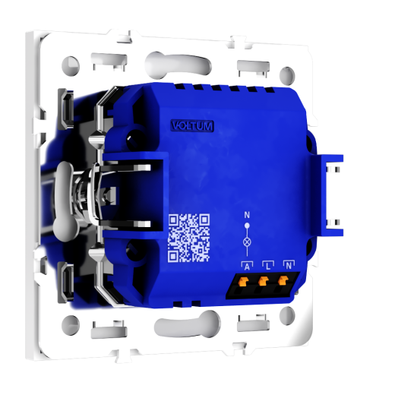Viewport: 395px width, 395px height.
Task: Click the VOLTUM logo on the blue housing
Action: click(x=192, y=126)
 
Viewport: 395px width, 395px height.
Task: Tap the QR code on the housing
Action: click(x=189, y=238)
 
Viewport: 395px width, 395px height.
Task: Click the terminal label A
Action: click(x=247, y=267)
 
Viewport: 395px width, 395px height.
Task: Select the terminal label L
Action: click(x=268, y=266)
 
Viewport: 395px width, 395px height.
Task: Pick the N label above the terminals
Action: click(x=289, y=265)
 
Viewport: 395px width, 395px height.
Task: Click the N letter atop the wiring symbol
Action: click(x=247, y=215)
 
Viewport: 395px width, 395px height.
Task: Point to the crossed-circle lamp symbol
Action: click(x=247, y=242)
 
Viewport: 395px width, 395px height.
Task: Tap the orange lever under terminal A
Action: click(x=243, y=281)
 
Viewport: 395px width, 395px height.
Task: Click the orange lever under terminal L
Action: click(x=263, y=280)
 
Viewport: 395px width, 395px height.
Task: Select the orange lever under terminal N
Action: click(x=283, y=280)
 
